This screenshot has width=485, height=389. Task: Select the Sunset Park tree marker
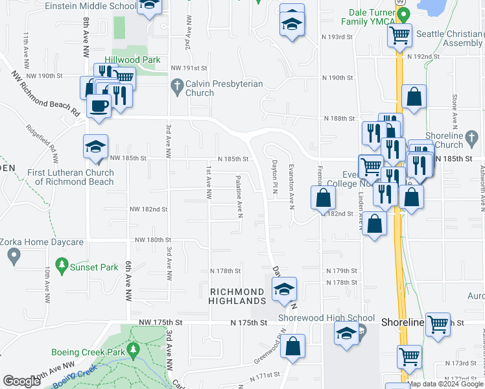pyautogui.click(x=62, y=265)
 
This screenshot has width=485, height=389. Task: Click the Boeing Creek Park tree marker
pyautogui.click(x=133, y=351)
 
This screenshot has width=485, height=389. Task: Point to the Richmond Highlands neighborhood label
pyautogui.click(x=237, y=296)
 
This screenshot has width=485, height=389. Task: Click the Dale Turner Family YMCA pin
pyautogui.click(x=403, y=14)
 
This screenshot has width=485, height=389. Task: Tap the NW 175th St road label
pyautogui.click(x=159, y=322)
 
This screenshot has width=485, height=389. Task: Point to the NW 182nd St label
pyautogui.click(x=148, y=209)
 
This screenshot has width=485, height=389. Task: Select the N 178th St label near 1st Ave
pyautogui.click(x=225, y=271)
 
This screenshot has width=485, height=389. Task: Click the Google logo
pyautogui.click(x=21, y=381)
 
